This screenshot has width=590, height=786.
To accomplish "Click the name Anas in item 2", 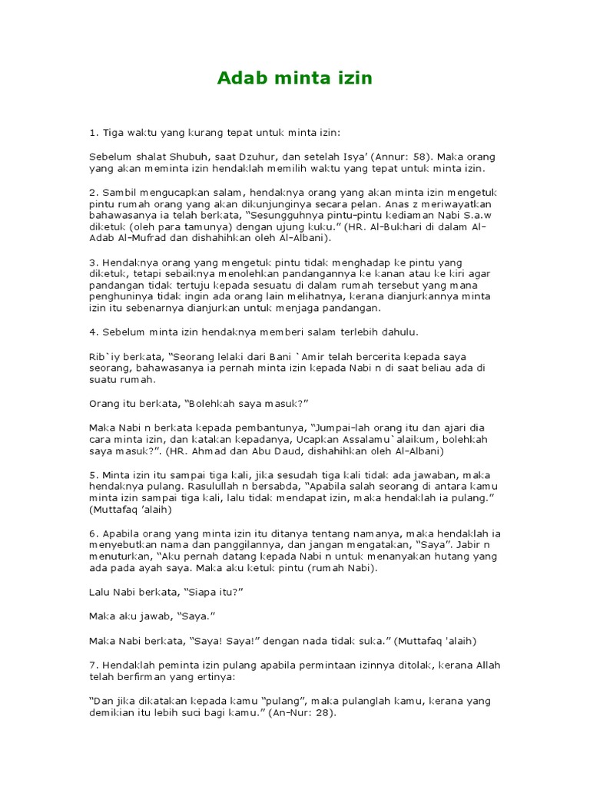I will [373, 205].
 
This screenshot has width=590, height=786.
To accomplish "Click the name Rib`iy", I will [104, 357].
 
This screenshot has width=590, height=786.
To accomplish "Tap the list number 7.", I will [93, 664].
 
